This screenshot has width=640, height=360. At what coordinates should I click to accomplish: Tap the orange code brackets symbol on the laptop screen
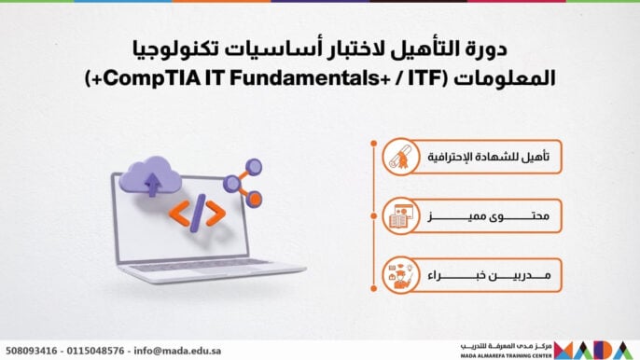tap(209, 214)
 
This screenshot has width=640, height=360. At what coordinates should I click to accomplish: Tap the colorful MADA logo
tap(596, 349)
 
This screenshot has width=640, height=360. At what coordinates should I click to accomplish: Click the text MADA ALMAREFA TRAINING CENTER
tap(504, 354)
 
